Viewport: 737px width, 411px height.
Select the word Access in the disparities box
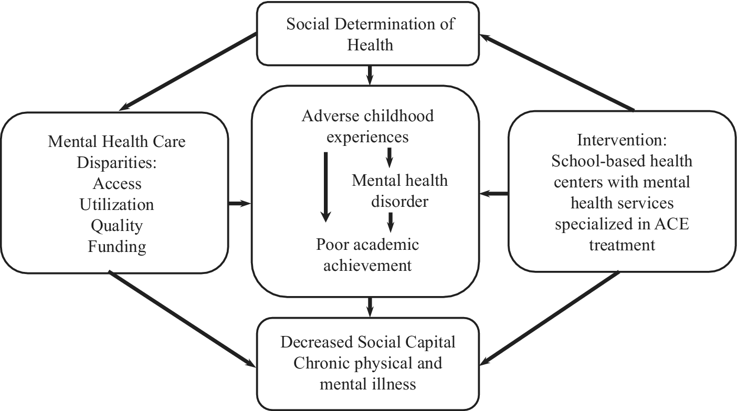click(x=117, y=183)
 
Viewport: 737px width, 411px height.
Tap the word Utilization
click(x=117, y=204)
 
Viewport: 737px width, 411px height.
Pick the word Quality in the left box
click(x=117, y=225)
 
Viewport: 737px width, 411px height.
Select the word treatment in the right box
click(x=622, y=244)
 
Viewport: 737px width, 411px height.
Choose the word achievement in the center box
click(x=367, y=265)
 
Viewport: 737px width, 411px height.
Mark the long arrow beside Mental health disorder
click(x=325, y=186)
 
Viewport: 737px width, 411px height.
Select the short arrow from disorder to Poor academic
click(x=390, y=222)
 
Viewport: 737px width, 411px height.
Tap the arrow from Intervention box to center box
click(x=494, y=194)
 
